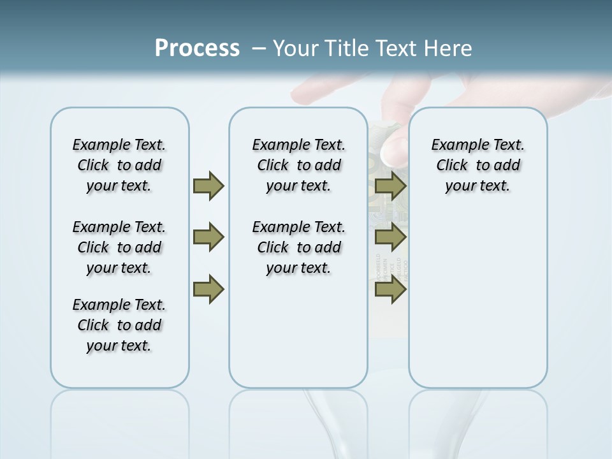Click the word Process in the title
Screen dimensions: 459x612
coord(197,48)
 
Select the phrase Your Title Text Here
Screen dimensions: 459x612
coord(372,48)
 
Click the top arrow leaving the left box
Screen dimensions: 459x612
coord(208,186)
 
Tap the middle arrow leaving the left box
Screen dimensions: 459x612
coord(208,237)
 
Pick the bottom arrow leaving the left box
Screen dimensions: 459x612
coord(208,289)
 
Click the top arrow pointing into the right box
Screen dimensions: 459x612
coord(390,186)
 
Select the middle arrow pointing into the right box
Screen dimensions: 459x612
coord(390,237)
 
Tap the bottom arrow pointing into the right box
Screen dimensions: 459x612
coord(390,289)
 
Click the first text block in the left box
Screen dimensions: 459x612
coord(119,165)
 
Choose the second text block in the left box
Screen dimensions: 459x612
coord(119,247)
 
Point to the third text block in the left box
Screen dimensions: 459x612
coord(119,325)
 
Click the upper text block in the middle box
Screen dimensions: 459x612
coord(298,165)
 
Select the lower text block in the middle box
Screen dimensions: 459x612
coord(298,247)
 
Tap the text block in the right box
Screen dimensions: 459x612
coord(477,165)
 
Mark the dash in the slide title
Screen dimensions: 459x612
coord(259,48)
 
